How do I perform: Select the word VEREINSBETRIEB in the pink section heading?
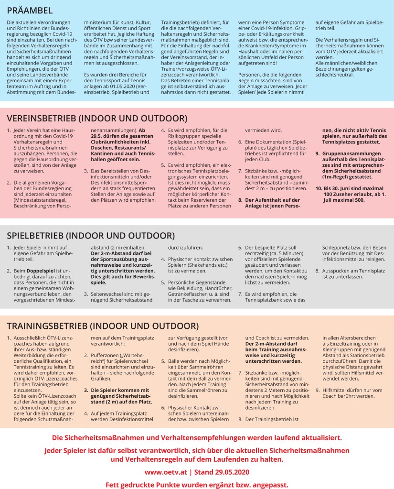(41, 118)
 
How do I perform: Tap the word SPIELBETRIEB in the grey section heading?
(35, 236)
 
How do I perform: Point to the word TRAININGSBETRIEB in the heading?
(47, 326)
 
